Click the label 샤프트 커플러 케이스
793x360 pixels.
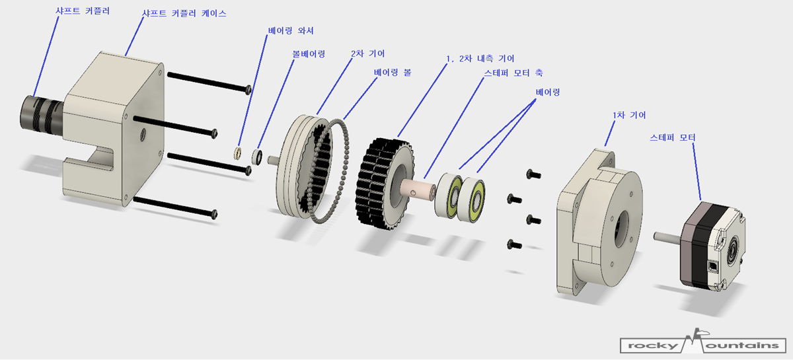[x=184, y=13]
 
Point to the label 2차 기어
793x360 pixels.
[x=367, y=52]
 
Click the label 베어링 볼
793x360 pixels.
[x=392, y=71]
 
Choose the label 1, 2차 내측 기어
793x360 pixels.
[x=480, y=59]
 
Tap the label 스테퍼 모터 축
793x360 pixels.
[x=513, y=72]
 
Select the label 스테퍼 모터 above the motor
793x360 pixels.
[x=673, y=137]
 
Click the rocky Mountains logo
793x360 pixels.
[x=702, y=344]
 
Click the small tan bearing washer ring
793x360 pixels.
[x=238, y=154]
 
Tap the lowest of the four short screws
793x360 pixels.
[x=510, y=245]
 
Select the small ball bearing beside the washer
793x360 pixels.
[x=258, y=157]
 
